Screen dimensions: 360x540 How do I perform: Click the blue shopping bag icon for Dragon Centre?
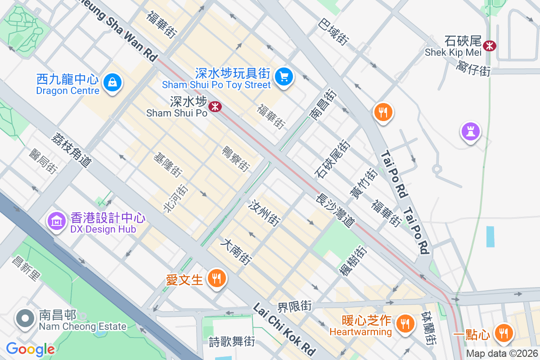pos(111,83)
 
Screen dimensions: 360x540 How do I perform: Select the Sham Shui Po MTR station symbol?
pos(215,107)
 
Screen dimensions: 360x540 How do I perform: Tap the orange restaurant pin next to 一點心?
pos(503,333)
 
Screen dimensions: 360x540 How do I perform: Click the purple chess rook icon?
pos(470,131)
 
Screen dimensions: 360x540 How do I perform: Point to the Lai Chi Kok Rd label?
pos(283,329)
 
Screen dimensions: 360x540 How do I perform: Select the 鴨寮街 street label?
pos(236,159)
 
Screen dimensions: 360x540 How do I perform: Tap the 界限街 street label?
pos(294,307)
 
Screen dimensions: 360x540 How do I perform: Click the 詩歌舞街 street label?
pos(232,342)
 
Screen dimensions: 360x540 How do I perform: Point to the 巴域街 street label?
pos(333,31)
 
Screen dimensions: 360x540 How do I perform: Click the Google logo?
pos(30,349)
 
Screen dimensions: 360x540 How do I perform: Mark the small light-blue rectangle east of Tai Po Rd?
pos(490,237)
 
